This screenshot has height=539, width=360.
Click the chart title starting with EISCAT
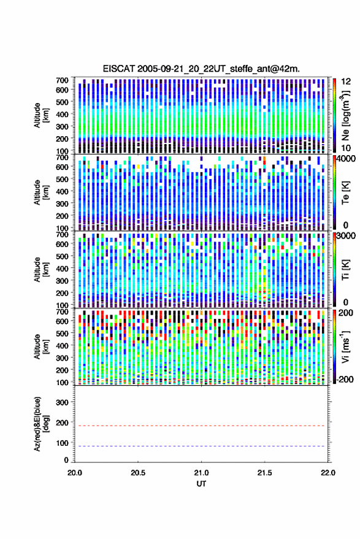(x=201, y=69)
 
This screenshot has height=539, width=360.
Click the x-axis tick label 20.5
(x=138, y=473)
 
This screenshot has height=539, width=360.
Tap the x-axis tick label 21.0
(x=201, y=473)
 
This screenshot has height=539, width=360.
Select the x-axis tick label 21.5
(x=264, y=473)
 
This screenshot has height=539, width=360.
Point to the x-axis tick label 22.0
(x=327, y=473)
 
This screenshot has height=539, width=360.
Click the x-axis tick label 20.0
(x=75, y=473)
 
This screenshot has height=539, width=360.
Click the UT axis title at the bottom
(x=201, y=484)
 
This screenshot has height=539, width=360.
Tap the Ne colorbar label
(x=345, y=115)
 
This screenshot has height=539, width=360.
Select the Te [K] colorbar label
(x=345, y=193)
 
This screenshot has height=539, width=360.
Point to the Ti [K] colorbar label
(x=345, y=270)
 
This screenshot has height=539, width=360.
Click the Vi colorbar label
(x=345, y=347)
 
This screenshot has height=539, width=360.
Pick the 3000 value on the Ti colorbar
(x=346, y=236)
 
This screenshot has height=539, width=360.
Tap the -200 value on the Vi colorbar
(x=345, y=380)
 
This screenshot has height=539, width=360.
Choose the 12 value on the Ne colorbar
(x=346, y=82)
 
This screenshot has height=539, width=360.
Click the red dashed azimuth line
(x=201, y=426)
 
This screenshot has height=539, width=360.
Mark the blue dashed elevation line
(x=201, y=446)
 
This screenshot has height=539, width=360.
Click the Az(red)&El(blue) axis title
(x=40, y=424)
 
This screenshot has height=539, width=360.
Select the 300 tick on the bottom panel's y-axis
(x=62, y=402)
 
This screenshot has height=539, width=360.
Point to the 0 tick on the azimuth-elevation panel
(x=67, y=460)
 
